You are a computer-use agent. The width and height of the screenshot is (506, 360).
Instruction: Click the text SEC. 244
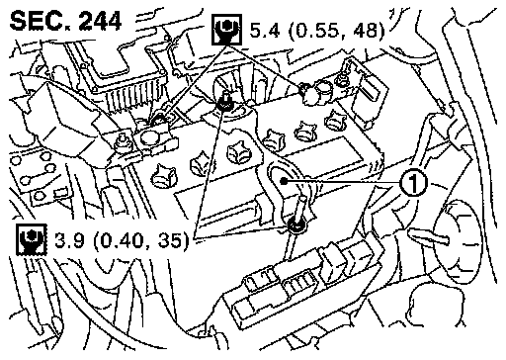[65, 21]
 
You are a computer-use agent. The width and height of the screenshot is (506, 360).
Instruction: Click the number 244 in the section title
[101, 21]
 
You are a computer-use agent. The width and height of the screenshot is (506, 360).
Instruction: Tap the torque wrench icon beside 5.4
[226, 29]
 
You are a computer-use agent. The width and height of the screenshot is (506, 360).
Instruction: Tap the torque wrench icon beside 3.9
[32, 239]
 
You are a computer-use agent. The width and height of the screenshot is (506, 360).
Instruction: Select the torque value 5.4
[265, 30]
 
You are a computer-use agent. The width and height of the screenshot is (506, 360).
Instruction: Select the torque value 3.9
[70, 240]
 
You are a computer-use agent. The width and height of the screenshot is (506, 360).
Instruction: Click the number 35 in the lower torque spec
[170, 240]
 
